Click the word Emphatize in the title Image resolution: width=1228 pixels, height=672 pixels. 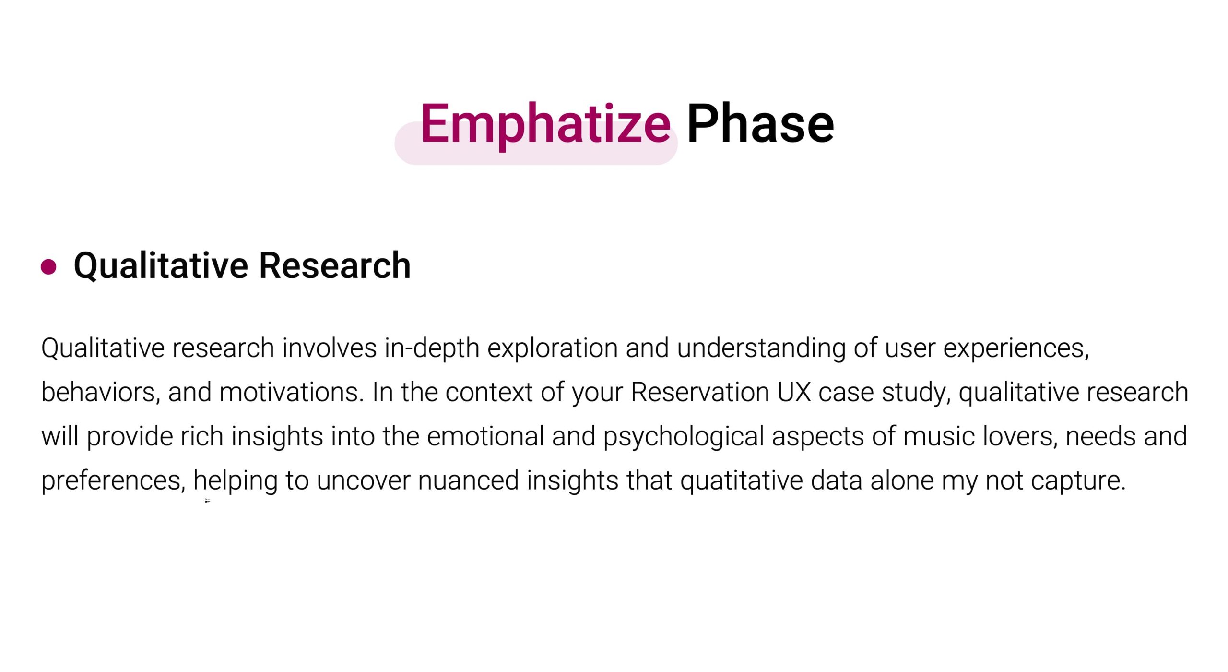545,125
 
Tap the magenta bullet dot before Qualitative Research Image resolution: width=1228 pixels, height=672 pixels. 48,266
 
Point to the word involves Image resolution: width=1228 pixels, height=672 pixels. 329,348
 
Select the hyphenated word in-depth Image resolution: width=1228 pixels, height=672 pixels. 432,348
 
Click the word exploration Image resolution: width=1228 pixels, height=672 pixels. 552,348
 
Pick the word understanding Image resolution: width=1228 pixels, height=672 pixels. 761,348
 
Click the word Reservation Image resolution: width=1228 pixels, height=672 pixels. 700,392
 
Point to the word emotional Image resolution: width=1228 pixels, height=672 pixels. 485,436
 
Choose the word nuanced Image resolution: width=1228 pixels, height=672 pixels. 469,480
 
